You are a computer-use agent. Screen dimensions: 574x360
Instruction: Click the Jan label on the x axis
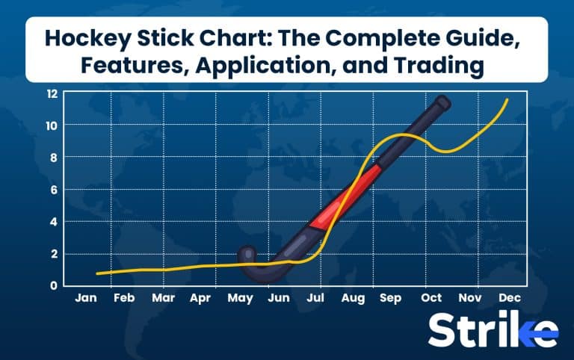[86, 298]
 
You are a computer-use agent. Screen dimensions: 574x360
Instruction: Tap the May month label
[240, 299]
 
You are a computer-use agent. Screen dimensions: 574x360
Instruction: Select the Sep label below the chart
[391, 299]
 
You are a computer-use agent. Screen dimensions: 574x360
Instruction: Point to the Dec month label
[510, 298]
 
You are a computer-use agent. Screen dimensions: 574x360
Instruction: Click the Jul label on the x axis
[315, 298]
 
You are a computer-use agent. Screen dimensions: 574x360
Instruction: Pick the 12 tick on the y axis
[52, 94]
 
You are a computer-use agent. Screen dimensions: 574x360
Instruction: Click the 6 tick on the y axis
[54, 190]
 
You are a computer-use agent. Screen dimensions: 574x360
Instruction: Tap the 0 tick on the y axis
[54, 285]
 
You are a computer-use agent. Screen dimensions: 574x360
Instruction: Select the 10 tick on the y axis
[52, 126]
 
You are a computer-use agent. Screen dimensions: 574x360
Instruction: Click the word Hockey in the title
[88, 39]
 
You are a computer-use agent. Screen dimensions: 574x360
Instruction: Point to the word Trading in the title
[439, 66]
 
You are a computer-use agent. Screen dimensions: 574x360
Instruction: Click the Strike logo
[493, 329]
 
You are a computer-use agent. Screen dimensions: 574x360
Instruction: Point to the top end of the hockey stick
[442, 103]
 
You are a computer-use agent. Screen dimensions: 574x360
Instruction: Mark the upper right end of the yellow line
[507, 99]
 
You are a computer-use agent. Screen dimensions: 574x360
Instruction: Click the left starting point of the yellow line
[97, 273]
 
